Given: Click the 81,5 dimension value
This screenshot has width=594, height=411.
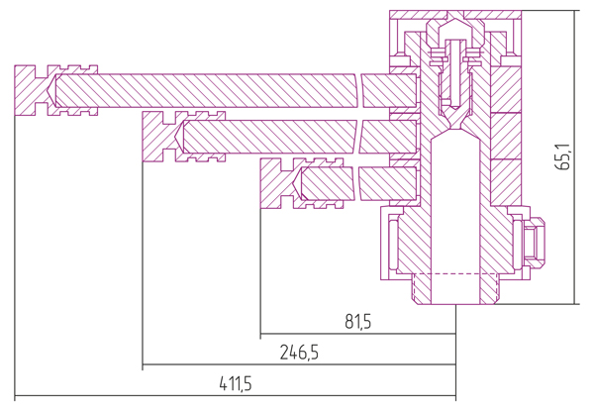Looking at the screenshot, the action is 358,322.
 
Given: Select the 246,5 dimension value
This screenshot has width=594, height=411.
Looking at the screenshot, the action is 299,353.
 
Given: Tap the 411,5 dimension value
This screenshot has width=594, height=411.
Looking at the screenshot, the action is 236,384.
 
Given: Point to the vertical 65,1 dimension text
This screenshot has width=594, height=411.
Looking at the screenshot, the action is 564,156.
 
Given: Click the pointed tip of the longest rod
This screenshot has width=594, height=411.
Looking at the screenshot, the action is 49,90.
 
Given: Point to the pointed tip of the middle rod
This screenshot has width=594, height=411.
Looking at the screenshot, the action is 176,137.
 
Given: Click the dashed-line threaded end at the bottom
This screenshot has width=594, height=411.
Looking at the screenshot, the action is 454,288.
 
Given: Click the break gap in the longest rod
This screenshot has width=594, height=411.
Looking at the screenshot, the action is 359,90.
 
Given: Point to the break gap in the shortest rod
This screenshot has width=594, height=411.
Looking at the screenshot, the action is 356,184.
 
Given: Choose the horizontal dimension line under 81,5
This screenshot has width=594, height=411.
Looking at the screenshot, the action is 358,334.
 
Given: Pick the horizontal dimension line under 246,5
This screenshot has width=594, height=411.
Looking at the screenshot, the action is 299,364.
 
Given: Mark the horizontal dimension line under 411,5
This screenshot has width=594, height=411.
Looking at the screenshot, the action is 235,396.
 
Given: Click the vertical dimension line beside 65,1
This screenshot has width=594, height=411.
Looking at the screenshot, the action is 574,156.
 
